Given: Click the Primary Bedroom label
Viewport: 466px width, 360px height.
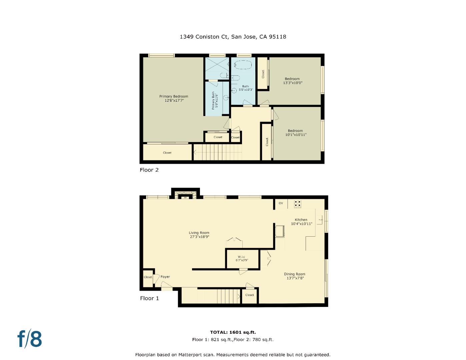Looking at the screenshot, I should [174, 98].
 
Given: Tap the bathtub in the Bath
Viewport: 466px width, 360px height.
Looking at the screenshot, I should [243, 64].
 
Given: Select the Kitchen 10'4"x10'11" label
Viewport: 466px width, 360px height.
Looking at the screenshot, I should [301, 222].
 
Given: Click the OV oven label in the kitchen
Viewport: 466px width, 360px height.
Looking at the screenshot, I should [281, 203].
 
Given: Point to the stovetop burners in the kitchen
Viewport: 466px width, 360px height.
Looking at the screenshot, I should [297, 204].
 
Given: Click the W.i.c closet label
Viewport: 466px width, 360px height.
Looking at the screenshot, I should [242, 258].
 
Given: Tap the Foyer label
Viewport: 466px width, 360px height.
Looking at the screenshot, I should [165, 277].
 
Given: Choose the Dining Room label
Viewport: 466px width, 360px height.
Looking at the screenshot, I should [295, 276].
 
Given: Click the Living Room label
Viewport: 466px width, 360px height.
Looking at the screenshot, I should [199, 235].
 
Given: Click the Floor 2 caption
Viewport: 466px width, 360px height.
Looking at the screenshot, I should [149, 170].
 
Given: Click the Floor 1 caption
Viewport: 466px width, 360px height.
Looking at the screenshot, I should [149, 298].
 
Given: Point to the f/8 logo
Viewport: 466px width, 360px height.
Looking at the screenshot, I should [30, 339].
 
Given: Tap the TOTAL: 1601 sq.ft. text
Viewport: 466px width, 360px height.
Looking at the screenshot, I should [233, 332].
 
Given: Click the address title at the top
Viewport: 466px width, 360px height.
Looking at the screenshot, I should [233, 37].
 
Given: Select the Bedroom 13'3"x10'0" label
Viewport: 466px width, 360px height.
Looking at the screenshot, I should [292, 81].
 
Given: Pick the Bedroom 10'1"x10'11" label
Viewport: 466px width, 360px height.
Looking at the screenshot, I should [295, 133].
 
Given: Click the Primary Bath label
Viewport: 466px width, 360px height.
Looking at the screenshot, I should [215, 100].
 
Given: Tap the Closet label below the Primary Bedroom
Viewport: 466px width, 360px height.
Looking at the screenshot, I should [167, 153].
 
